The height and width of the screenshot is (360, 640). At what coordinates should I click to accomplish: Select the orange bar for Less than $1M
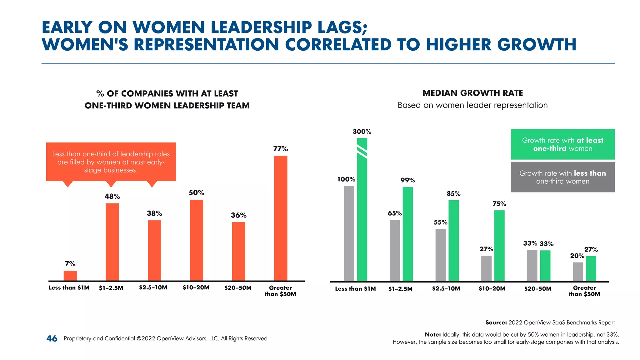[70, 276]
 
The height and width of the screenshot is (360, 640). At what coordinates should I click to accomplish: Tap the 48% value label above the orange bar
[112, 197]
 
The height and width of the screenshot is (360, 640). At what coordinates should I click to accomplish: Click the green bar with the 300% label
[362, 209]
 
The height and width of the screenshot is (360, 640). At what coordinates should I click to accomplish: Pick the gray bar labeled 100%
[349, 233]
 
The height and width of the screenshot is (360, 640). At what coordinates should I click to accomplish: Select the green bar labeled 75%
[499, 246]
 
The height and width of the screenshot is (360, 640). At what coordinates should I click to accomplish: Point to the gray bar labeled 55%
[440, 255]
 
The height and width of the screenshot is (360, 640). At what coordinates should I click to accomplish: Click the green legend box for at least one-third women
[562, 144]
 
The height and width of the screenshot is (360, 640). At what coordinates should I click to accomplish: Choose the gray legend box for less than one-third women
[562, 177]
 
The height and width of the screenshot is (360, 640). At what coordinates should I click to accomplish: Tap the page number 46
[52, 338]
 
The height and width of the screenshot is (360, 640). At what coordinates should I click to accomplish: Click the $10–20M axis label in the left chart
[196, 287]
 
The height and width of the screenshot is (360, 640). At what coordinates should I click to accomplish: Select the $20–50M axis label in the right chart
[537, 289]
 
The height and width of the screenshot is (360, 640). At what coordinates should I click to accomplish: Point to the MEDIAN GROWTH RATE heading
[472, 93]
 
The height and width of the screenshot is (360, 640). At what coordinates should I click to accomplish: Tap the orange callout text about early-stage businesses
[111, 162]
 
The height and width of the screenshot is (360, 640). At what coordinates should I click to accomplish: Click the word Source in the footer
[496, 322]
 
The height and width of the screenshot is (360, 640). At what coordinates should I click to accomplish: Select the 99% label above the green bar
[407, 180]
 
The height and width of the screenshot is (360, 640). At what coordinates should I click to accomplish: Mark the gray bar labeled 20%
[578, 272]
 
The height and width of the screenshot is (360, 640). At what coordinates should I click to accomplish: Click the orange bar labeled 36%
[238, 252]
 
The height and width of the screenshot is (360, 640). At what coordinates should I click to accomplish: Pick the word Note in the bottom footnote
[432, 335]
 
